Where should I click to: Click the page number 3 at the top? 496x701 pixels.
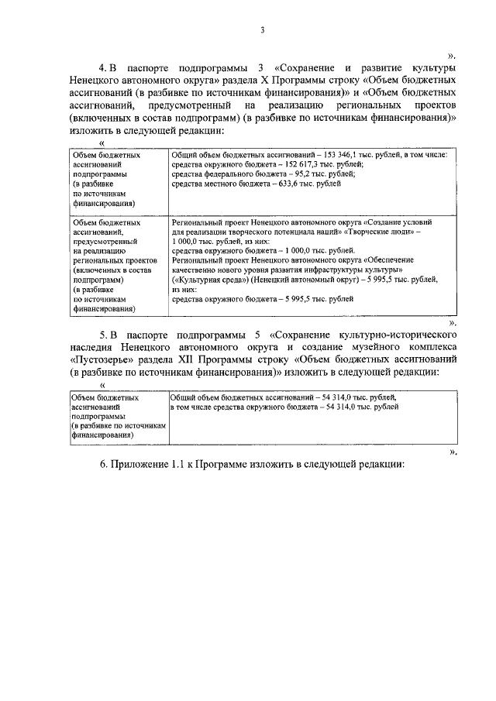coord(263,30)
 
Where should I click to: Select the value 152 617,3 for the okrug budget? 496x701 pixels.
coord(291,165)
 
